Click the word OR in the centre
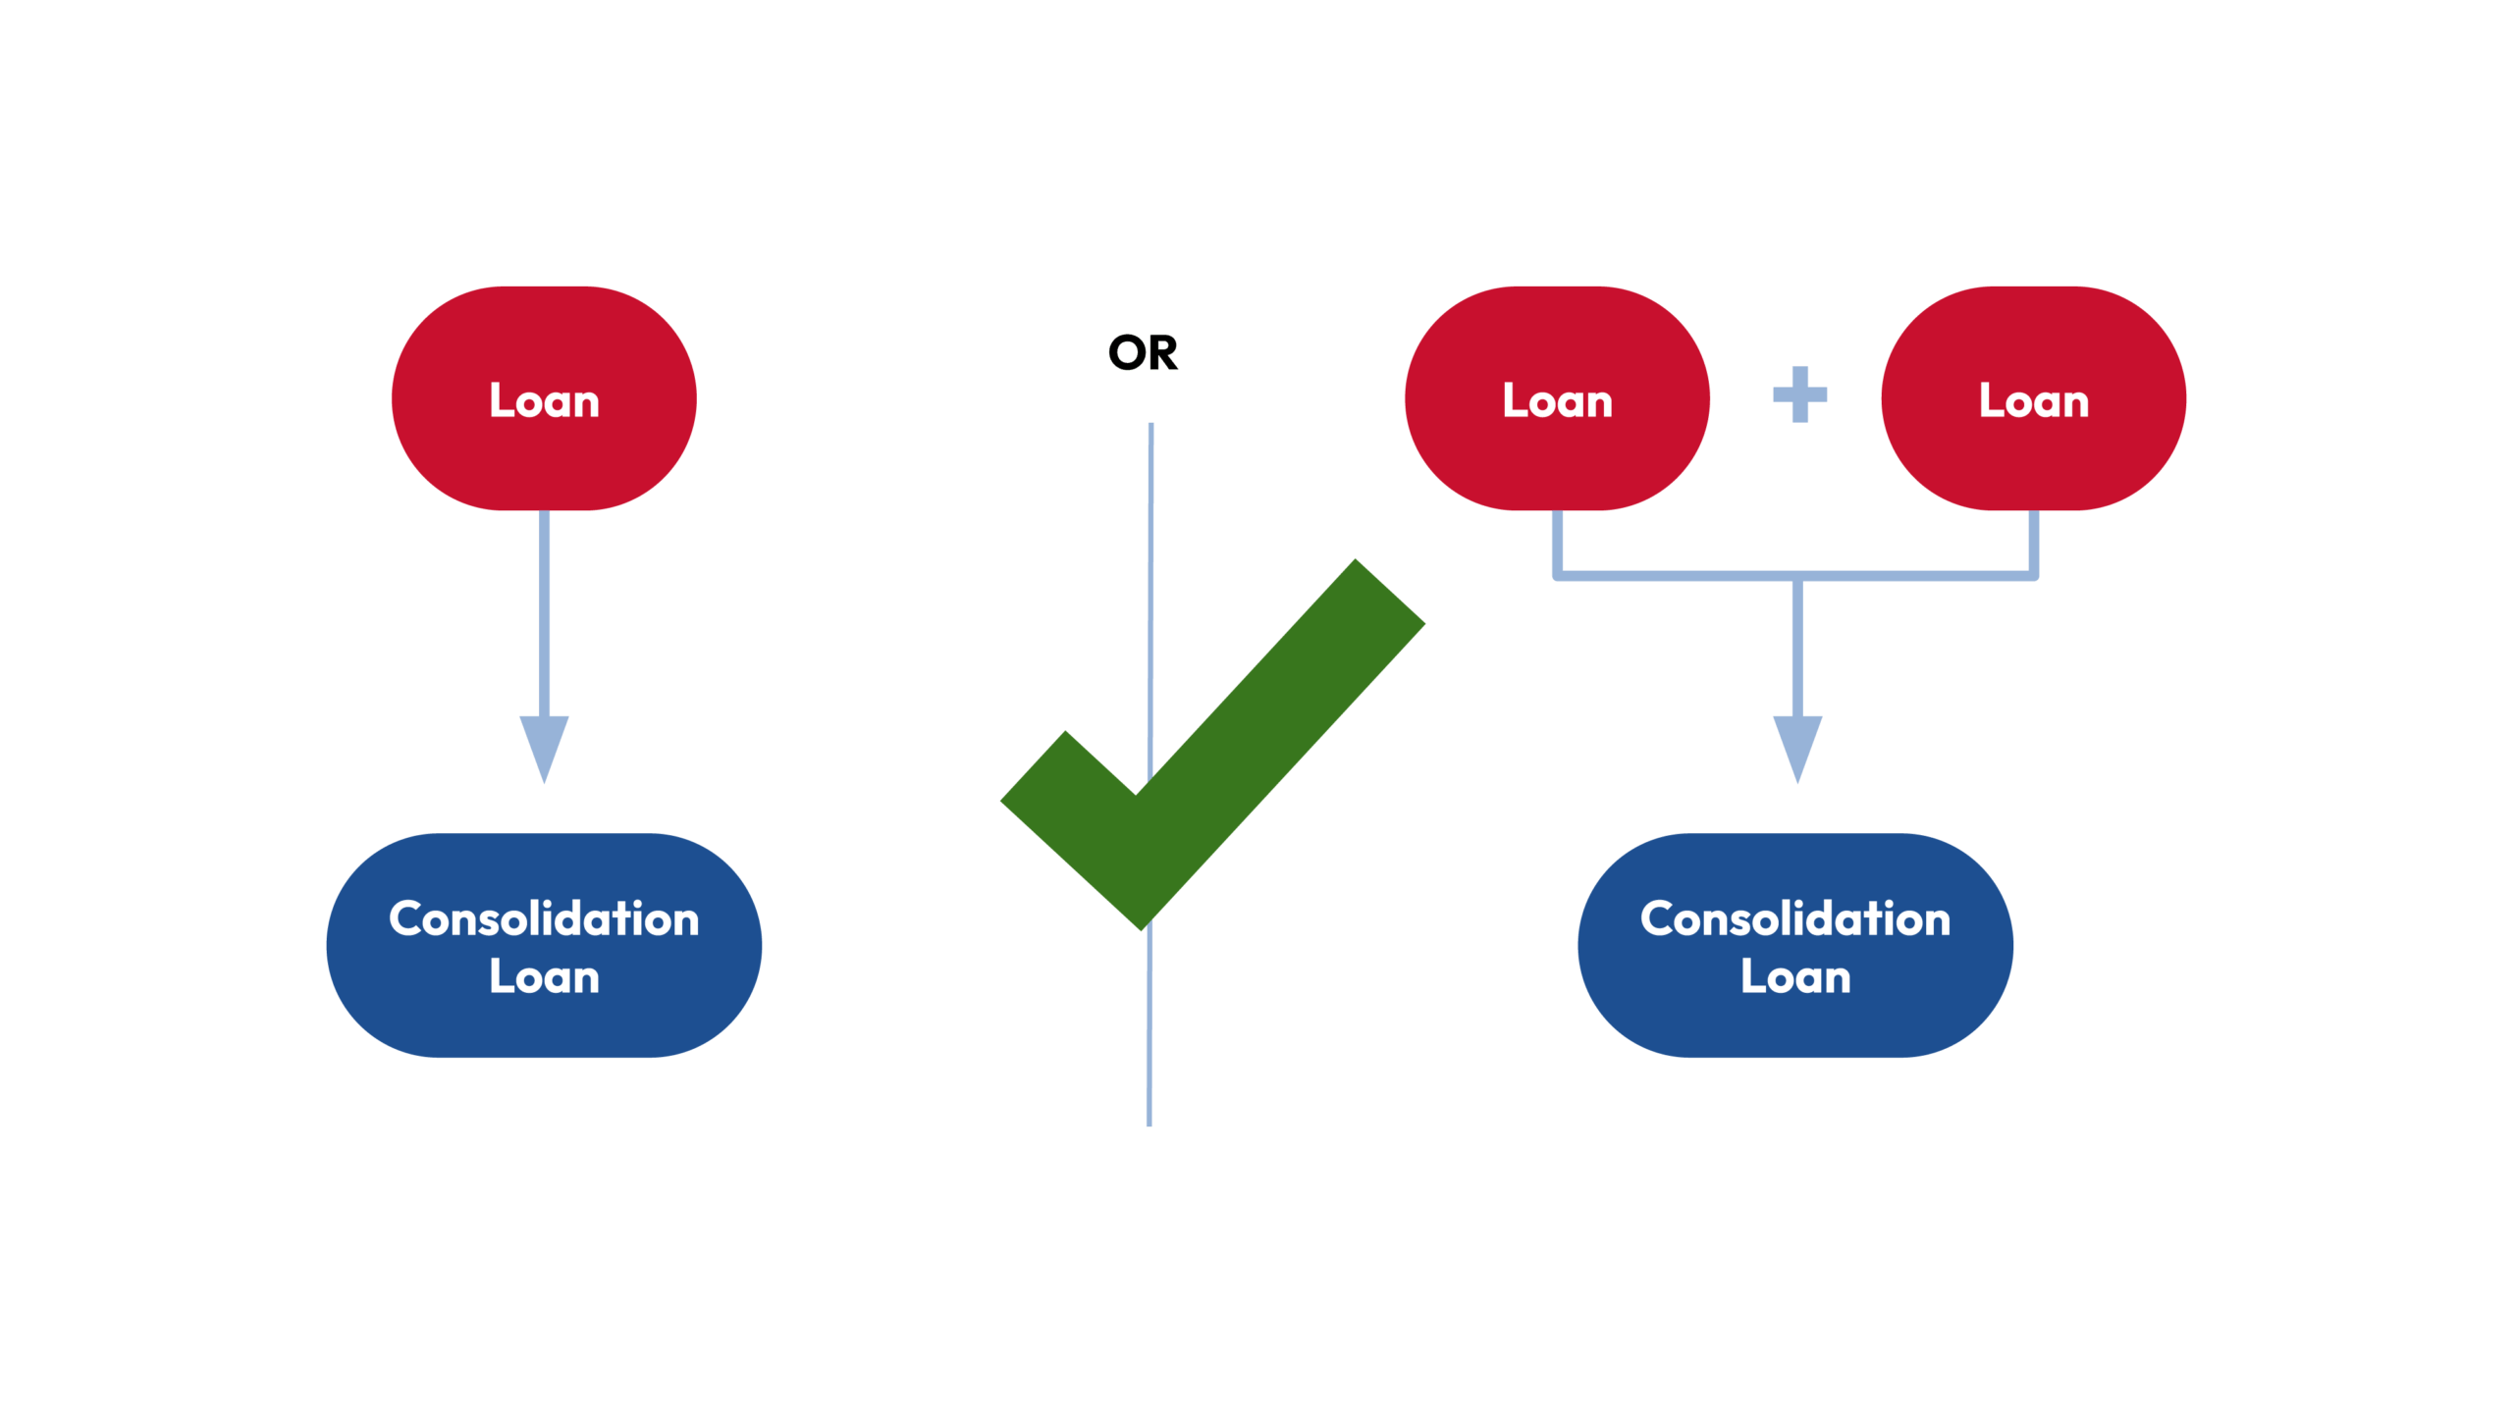pyautogui.click(x=1143, y=352)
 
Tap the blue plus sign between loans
pyautogui.click(x=1799, y=394)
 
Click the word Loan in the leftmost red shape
pyautogui.click(x=544, y=400)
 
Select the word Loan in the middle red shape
pyautogui.click(x=1557, y=400)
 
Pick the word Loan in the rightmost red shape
pyautogui.click(x=2033, y=400)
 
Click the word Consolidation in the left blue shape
pyautogui.click(x=544, y=918)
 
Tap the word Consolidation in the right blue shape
pyautogui.click(x=1795, y=918)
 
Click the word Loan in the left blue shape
pyautogui.click(x=544, y=977)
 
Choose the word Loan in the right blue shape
pyautogui.click(x=1795, y=977)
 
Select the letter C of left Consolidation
pyautogui.click(x=406, y=919)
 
